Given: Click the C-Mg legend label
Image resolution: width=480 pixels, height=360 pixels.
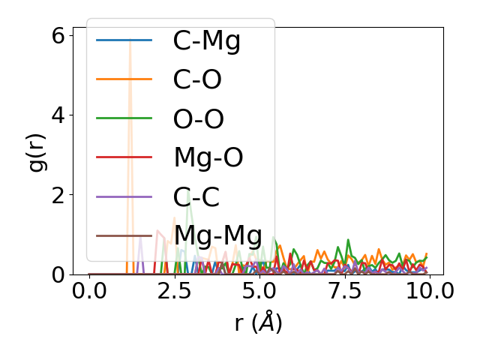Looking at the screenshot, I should click(x=207, y=40).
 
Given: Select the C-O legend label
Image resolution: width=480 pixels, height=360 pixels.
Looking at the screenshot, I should click(x=197, y=79).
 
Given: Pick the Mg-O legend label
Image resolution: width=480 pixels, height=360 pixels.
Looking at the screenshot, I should click(x=208, y=157).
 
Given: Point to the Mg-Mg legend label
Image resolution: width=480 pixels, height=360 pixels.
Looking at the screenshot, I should click(x=219, y=235).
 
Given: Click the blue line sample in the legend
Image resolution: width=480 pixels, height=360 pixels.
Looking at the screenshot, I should click(x=124, y=40).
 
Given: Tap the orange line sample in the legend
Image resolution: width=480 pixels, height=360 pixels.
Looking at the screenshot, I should click(x=124, y=79).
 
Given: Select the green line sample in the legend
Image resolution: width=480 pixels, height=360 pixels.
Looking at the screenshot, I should click(x=124, y=118).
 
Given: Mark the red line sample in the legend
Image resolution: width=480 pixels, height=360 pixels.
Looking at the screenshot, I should click(x=124, y=157).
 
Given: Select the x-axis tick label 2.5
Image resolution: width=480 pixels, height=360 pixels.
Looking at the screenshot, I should click(x=174, y=291).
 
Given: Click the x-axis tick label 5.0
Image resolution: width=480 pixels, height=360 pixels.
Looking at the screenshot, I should click(x=259, y=291).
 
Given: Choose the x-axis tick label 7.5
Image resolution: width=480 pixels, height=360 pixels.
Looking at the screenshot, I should click(x=343, y=291).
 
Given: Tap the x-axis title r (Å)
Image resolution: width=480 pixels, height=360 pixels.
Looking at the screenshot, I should click(x=258, y=323).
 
